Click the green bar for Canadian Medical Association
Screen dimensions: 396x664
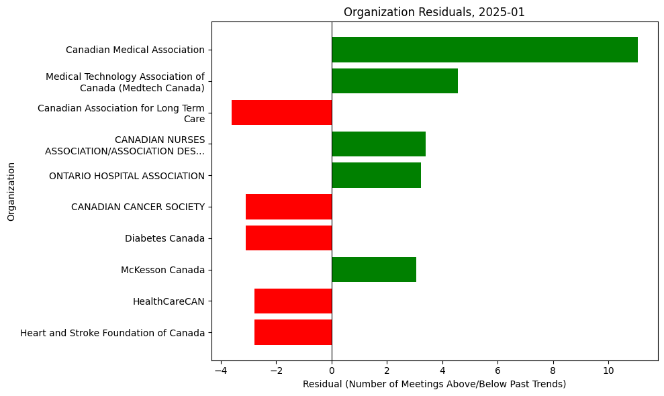click(484, 50)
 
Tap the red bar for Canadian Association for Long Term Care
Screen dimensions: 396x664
click(281, 113)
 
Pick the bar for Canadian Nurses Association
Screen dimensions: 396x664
click(379, 144)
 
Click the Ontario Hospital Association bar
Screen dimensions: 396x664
click(376, 175)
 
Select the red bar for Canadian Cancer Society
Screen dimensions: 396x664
click(289, 207)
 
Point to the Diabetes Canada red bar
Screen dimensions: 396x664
click(289, 238)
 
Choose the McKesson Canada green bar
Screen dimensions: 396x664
click(374, 270)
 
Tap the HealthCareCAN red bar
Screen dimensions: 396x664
click(293, 301)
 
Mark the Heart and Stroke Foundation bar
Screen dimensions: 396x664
click(293, 332)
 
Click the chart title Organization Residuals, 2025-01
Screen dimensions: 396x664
click(434, 12)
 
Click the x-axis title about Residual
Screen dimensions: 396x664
click(434, 384)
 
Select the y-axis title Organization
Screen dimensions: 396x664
click(11, 191)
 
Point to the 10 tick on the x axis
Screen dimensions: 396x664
click(608, 370)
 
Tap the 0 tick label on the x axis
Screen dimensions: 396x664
click(332, 370)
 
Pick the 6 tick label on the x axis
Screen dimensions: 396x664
click(497, 370)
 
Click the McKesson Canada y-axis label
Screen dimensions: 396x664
click(162, 270)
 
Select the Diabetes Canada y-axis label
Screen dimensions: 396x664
click(164, 238)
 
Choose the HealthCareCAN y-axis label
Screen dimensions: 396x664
click(169, 301)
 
